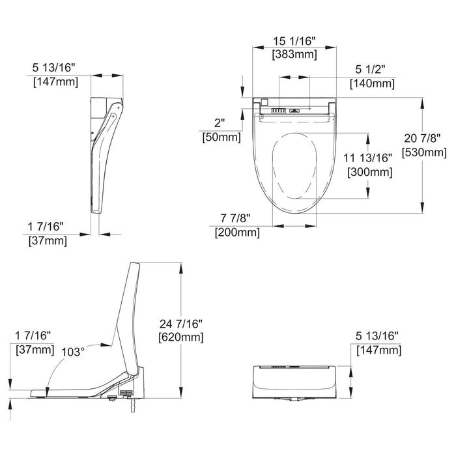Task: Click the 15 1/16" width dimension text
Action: pyautogui.click(x=294, y=42)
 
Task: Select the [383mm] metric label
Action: pyautogui.click(x=294, y=55)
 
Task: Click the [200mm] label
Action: pyautogui.click(x=237, y=232)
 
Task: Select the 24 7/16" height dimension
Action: pyautogui.click(x=180, y=324)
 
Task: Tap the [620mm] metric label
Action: pyautogui.click(x=180, y=337)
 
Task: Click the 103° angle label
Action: pyautogui.click(x=72, y=352)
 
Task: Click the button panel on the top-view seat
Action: pyautogui.click(x=278, y=111)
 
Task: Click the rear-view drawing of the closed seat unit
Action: pyautogui.click(x=294, y=382)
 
